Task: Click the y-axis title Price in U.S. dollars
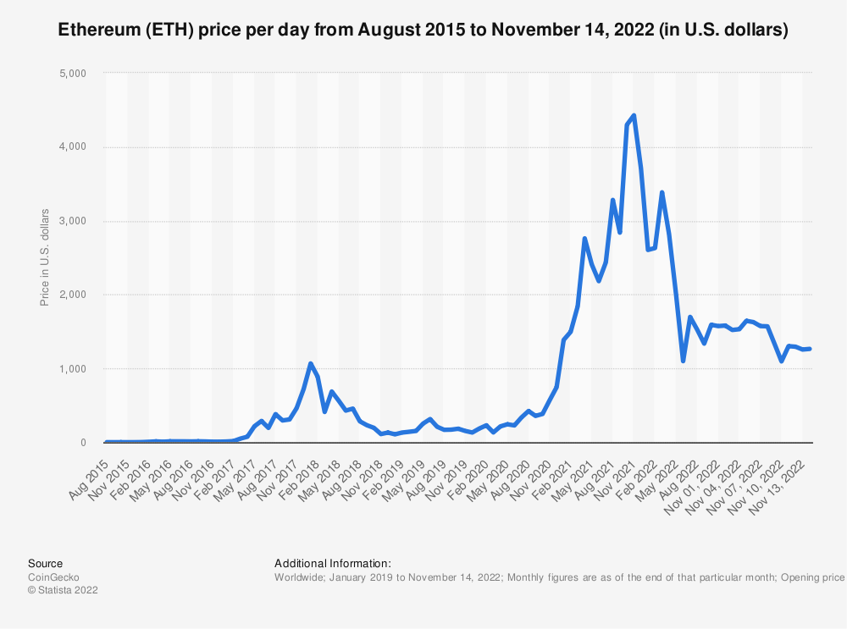click(x=45, y=257)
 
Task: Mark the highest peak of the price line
click(x=634, y=115)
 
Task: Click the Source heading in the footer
click(x=45, y=564)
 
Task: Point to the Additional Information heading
click(x=332, y=564)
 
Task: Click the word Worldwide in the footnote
click(x=300, y=577)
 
